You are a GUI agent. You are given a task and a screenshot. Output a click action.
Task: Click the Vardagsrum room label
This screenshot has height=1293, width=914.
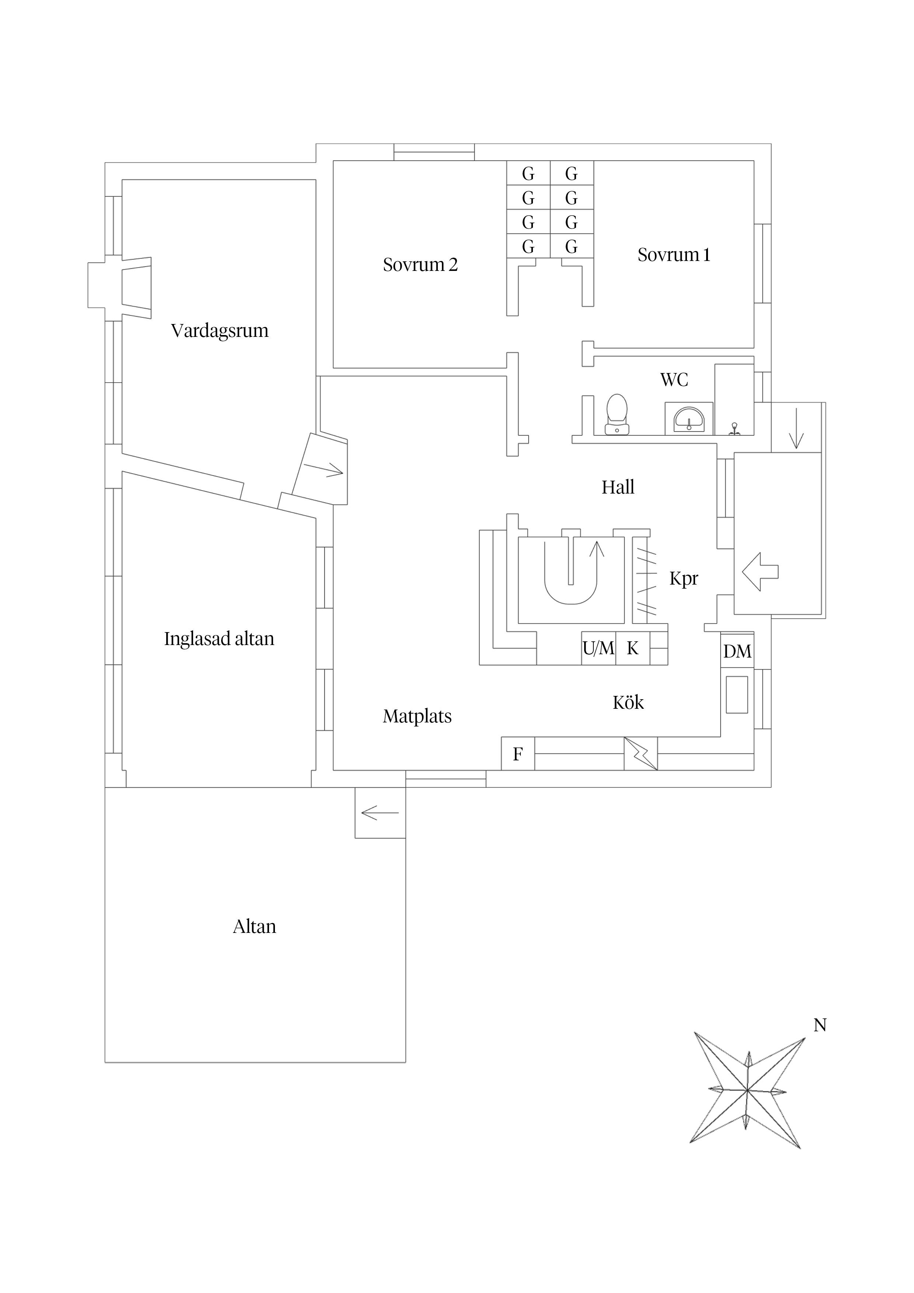point(220,331)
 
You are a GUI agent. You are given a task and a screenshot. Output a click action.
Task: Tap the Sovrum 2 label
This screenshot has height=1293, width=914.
point(420,265)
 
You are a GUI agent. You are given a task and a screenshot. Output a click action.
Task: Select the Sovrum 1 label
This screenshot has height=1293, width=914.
point(674,255)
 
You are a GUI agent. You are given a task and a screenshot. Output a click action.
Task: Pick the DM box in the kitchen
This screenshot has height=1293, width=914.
point(737,652)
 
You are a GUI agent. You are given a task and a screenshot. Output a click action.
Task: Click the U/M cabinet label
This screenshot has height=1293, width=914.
point(598,649)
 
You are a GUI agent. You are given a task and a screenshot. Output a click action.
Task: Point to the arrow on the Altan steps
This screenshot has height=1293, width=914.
point(380,813)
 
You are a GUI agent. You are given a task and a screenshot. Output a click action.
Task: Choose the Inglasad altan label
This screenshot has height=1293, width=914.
point(219,639)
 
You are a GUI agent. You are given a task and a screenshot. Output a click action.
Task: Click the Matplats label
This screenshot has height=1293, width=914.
point(417,716)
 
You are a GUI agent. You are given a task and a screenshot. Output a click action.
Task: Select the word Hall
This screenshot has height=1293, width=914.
point(618,487)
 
